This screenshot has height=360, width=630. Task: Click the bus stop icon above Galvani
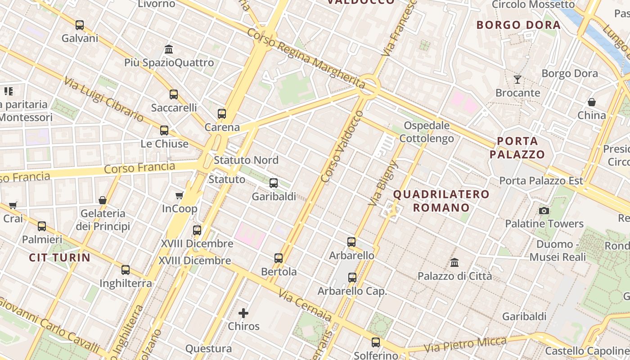[80, 25]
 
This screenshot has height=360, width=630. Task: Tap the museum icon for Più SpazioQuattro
[169, 49]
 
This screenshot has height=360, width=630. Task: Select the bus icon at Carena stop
[221, 114]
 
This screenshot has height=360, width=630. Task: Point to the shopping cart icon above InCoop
[179, 195]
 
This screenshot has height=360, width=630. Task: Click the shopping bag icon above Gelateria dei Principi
[103, 200]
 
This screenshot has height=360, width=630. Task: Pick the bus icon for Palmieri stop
[42, 226]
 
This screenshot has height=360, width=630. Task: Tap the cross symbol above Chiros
[243, 313]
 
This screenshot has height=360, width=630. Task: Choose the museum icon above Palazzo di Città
[454, 262]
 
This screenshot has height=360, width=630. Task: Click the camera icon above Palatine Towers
[544, 211]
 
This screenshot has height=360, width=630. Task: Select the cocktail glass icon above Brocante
[517, 80]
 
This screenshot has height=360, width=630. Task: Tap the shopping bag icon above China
[592, 102]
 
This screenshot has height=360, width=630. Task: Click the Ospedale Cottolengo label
[427, 132]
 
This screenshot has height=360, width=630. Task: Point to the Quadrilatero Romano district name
[441, 201]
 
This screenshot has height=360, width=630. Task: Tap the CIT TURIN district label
[60, 258]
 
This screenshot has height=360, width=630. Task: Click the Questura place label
[208, 348]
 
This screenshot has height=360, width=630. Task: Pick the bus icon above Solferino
[376, 342]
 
